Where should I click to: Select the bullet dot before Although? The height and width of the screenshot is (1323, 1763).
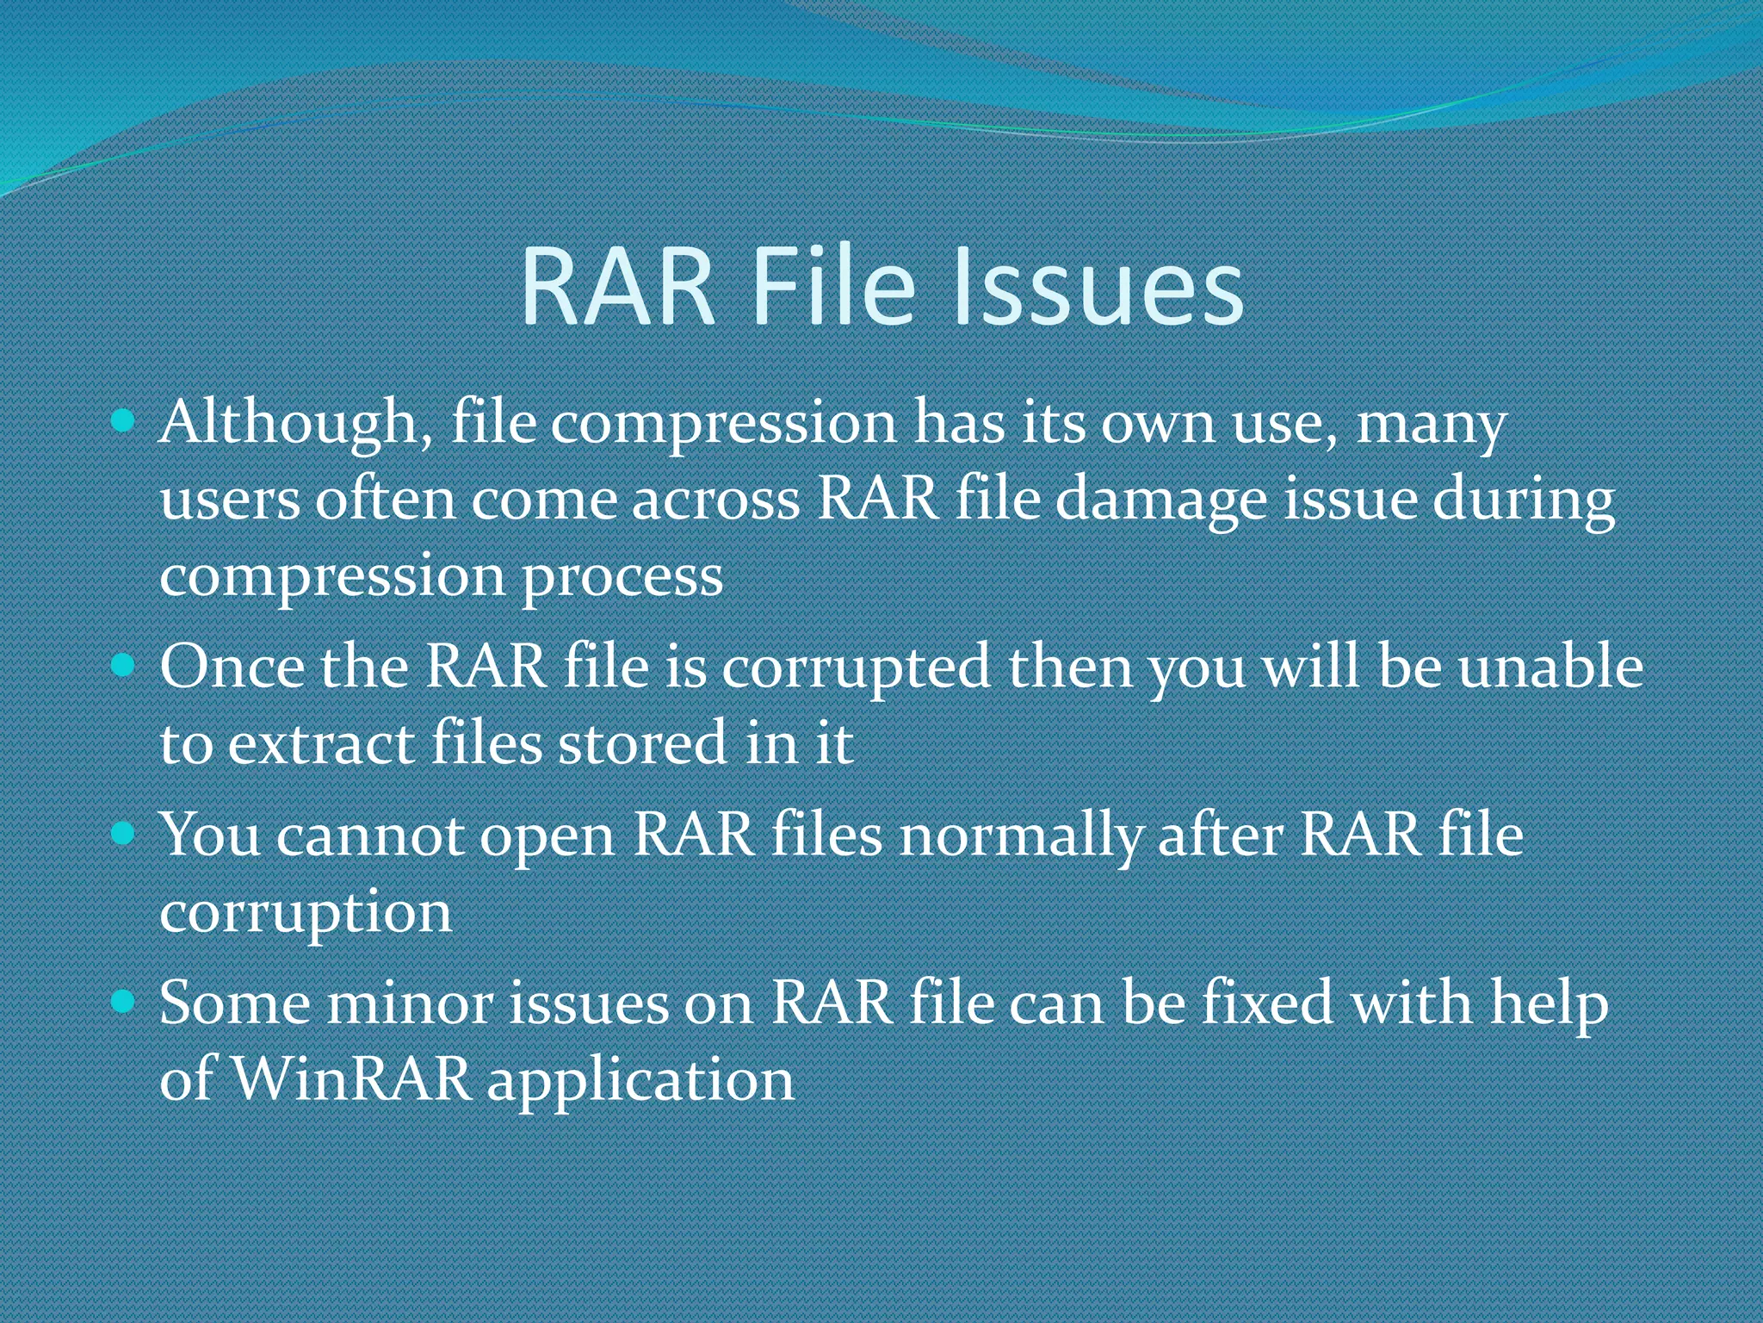(x=124, y=421)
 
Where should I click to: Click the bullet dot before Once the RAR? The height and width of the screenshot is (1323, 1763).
(x=124, y=665)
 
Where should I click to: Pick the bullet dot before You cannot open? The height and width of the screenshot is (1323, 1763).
(x=124, y=833)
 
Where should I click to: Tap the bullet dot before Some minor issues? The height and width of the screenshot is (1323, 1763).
(x=124, y=1001)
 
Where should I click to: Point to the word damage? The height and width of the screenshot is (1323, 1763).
(x=1161, y=501)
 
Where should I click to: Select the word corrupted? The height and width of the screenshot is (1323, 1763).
(x=856, y=668)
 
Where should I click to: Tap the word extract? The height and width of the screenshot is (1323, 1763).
(x=321, y=743)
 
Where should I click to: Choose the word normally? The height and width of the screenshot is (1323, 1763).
(x=1021, y=836)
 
